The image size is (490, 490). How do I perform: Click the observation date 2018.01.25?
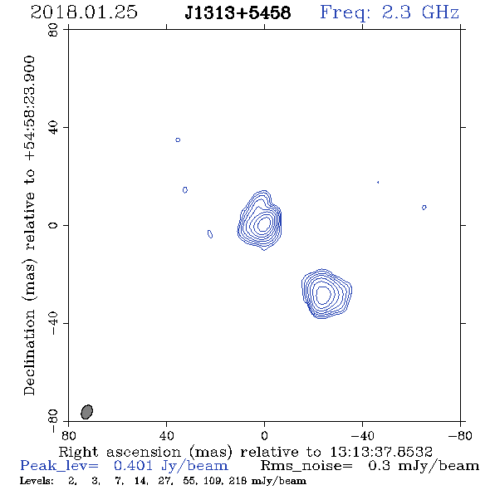(84, 12)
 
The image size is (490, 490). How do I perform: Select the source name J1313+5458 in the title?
(238, 13)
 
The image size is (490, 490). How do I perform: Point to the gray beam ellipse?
(87, 412)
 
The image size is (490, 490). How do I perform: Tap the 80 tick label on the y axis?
(53, 30)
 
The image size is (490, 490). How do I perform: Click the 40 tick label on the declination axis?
(53, 128)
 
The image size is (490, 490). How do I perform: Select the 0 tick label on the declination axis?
(53, 225)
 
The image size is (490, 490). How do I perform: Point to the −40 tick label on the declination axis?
(53, 323)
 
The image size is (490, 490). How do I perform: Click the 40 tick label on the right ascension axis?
(166, 436)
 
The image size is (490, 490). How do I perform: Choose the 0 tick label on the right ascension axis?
(264, 436)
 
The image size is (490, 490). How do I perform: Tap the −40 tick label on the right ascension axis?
(362, 436)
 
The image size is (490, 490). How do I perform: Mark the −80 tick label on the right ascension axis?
(460, 436)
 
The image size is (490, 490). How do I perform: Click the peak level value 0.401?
(133, 466)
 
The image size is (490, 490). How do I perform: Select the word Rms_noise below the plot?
(306, 466)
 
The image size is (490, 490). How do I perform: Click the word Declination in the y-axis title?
(29, 352)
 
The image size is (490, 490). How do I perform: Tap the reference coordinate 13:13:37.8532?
(381, 452)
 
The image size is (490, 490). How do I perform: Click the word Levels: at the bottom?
(37, 481)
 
